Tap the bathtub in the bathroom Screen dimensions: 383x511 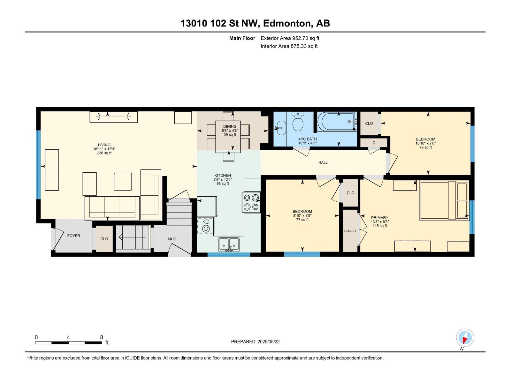(x=337, y=122)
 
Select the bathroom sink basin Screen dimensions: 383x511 (x=281, y=128)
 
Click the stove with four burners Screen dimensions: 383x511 (x=251, y=202)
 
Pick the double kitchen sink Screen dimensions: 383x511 (x=229, y=245)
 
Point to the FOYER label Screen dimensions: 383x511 (x=73, y=236)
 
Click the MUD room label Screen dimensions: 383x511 (x=172, y=239)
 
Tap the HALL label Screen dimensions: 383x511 (x=323, y=162)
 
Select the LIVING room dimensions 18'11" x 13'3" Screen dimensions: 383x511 (x=104, y=149)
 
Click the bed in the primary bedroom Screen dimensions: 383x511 (x=444, y=200)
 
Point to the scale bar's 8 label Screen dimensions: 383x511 (x=102, y=337)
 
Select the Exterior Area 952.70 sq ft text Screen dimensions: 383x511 (x=290, y=38)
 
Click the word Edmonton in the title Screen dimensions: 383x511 (x=286, y=23)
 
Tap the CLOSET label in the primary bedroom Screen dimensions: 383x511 (x=350, y=231)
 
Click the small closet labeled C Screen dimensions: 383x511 (x=374, y=143)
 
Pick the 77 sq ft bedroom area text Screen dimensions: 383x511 (x=302, y=220)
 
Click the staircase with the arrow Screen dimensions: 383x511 (x=133, y=237)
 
